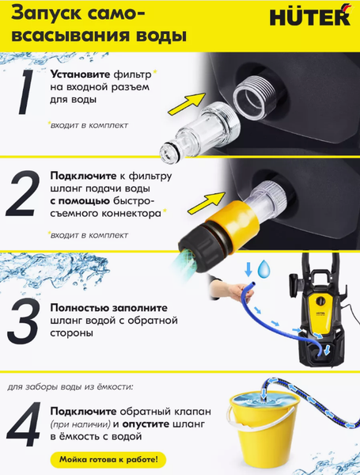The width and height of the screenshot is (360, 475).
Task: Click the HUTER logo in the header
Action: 310,16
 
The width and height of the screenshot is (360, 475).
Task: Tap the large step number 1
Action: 26,92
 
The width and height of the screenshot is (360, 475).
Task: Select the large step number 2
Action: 23,193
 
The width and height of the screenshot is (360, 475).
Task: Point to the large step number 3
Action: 23,321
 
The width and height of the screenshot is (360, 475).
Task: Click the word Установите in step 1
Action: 80,74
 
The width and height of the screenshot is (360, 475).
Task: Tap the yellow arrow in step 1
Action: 187,104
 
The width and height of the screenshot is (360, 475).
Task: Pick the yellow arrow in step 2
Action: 207,203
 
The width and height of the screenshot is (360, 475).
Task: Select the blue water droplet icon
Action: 263,268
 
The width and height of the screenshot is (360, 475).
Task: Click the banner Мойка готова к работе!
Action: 108,459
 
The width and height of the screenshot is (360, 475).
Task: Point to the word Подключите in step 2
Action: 83,176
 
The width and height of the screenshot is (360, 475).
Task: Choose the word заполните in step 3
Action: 140,308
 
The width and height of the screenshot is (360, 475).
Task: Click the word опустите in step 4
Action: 146,424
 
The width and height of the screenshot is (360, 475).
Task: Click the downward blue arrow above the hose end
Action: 248,269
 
